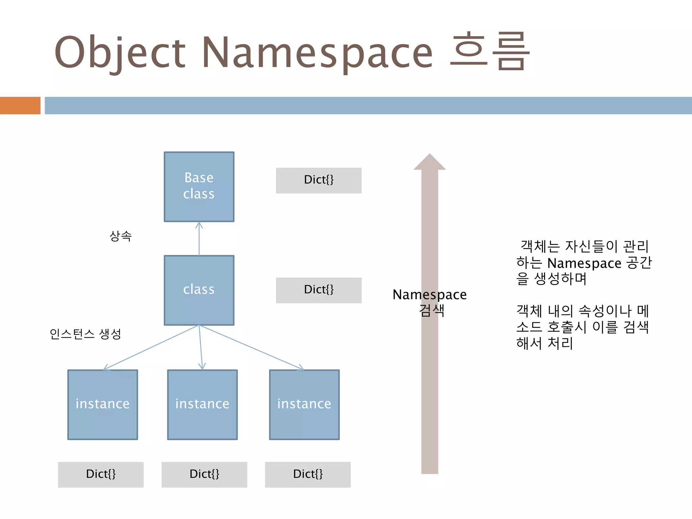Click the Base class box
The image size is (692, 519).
199,187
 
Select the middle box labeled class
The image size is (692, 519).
199,290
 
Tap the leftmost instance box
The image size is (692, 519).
102,404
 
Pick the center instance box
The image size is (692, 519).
202,404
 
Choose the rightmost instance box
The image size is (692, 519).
304,404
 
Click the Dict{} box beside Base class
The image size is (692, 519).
319,180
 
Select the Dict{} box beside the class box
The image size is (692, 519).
319,290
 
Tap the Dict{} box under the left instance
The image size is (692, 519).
101,474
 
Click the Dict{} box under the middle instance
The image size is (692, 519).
204,474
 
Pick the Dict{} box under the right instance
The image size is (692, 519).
307,474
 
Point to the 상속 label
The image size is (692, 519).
121,236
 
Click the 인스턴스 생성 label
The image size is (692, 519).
85,334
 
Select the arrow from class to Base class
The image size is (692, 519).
199,239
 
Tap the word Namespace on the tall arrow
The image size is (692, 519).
429,295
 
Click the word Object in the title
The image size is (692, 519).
120,52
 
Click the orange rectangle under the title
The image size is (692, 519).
20,105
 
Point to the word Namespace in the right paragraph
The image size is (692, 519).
584,263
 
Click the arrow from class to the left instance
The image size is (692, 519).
151,347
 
